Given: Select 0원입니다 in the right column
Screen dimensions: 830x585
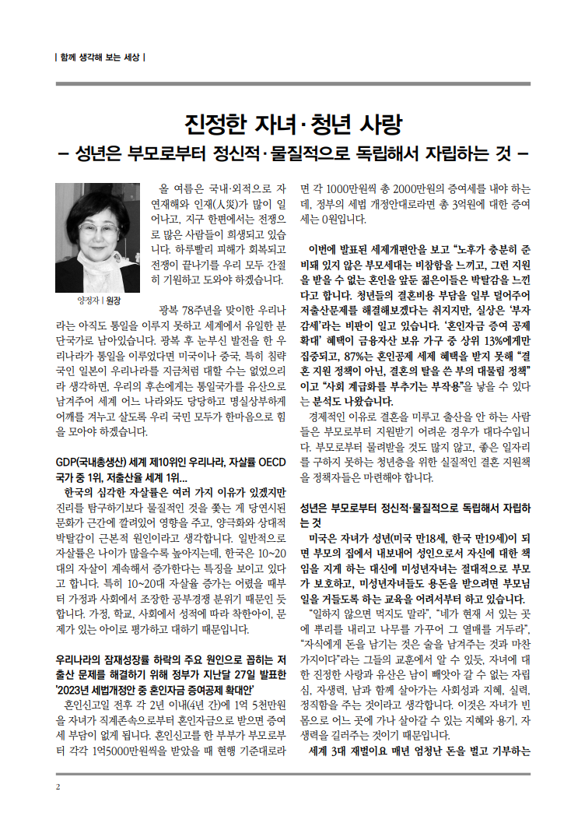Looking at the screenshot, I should [343, 219].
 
